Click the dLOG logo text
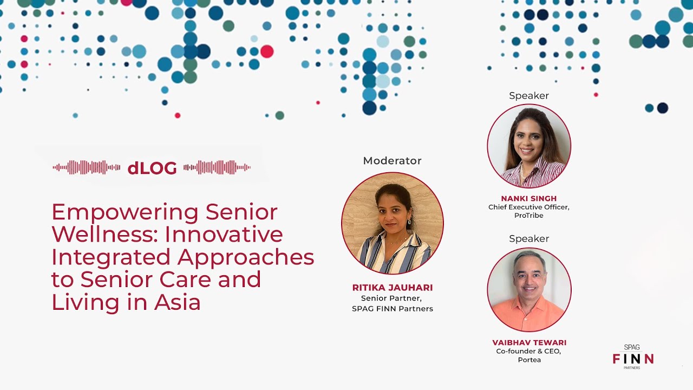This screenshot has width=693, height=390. pos(152,168)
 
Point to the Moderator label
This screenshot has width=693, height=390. pos(392,161)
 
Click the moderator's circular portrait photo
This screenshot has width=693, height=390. pos(393,223)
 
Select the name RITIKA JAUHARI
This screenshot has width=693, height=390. pos(393,288)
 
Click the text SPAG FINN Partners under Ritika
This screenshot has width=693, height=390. pos(393,309)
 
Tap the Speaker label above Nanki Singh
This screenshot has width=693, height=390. pos(529,96)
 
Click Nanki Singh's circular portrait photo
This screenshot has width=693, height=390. pos(529,146)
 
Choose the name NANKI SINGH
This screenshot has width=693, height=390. pos(529,198)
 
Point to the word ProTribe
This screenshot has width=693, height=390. pos(529,216)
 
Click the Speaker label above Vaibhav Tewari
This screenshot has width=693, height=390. pos(529,239)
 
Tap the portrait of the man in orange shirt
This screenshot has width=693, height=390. pos(529,290)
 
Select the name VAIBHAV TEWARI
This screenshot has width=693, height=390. pos(529,342)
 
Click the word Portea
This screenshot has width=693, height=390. pos(529,360)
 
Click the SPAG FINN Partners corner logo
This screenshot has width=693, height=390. pos(633,357)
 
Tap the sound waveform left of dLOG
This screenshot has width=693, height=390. pos(87,167)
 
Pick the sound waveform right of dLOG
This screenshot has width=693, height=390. pos(217,167)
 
